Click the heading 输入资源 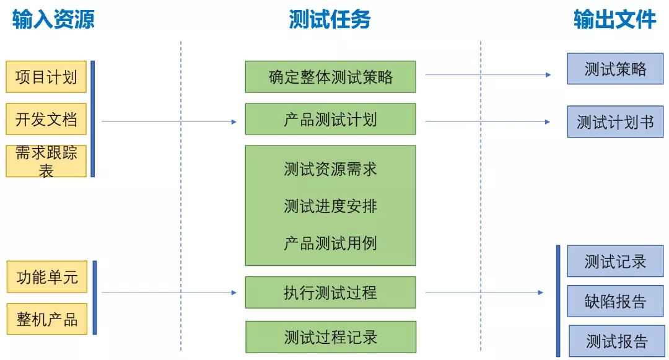(53, 20)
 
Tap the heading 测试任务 (330, 20)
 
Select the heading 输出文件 (614, 20)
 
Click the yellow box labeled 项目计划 (46, 77)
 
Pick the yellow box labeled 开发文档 (46, 120)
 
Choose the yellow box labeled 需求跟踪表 (46, 161)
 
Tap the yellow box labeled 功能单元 (47, 277)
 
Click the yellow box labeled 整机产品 (47, 319)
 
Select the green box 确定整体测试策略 (330, 77)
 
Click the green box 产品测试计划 (330, 119)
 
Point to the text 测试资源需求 (330, 169)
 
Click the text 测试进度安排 (330, 206)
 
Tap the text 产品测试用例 (330, 243)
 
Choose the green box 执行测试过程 (330, 292)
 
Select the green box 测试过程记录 (331, 337)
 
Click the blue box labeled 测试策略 (615, 69)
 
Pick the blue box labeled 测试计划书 (615, 121)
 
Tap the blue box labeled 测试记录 (615, 261)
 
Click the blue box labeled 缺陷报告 (615, 301)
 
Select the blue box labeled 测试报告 (616, 341)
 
